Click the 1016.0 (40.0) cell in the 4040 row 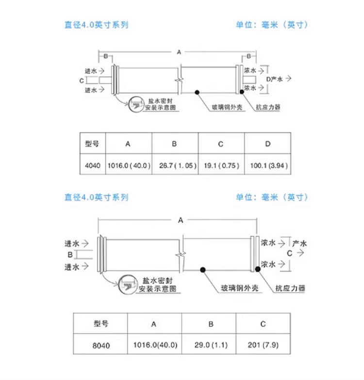click(x=128, y=165)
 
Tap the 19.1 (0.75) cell click(x=221, y=165)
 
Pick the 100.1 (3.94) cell click(x=267, y=165)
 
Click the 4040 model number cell click(x=92, y=165)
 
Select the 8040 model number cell click(x=101, y=346)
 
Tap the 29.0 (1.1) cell click(x=211, y=346)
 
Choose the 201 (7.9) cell click(x=263, y=346)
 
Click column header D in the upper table click(x=267, y=144)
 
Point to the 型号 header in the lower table click(x=101, y=324)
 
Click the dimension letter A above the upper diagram click(x=179, y=51)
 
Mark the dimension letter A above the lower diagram click(x=181, y=220)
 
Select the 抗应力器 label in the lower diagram click(x=290, y=288)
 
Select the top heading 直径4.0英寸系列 click(x=97, y=24)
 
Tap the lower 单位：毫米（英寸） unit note click(x=272, y=197)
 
